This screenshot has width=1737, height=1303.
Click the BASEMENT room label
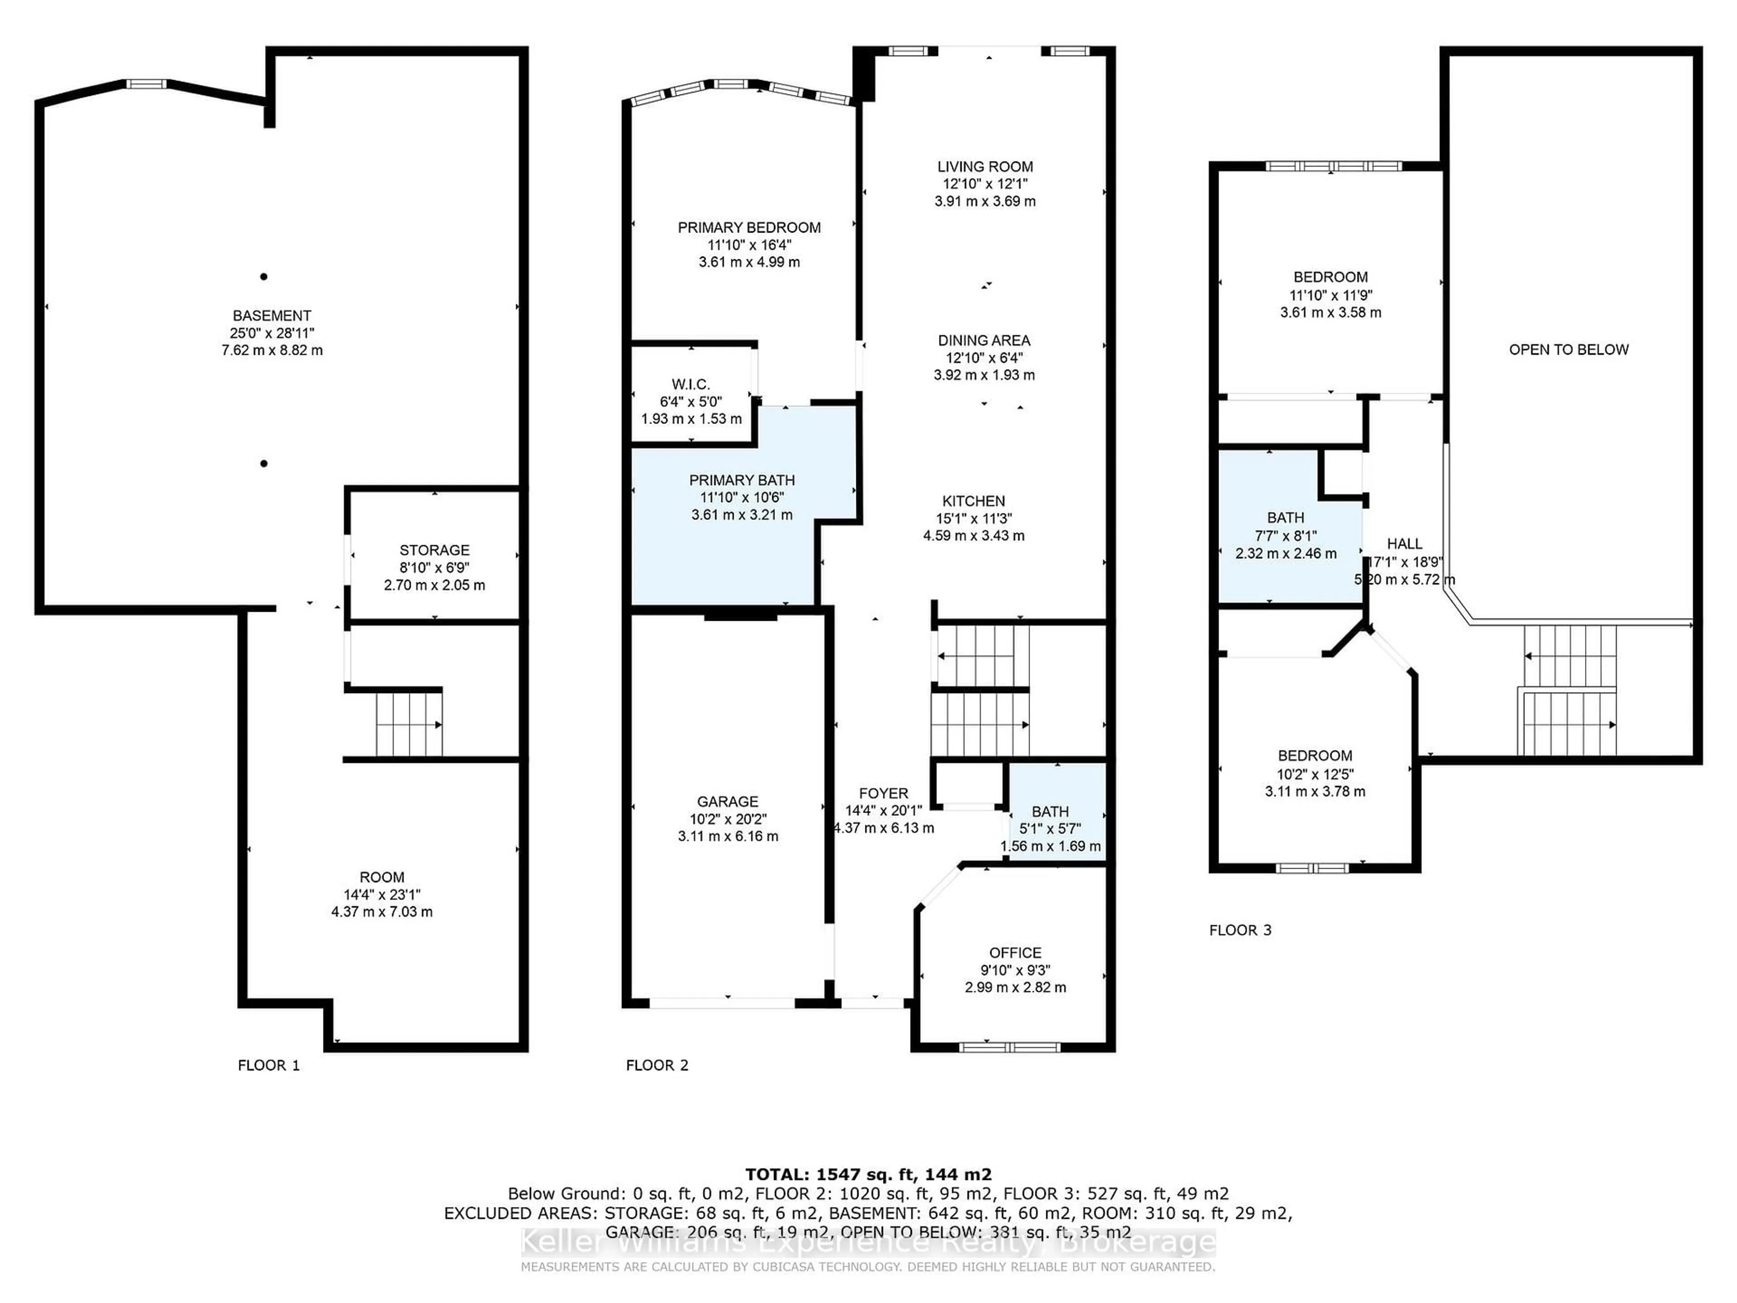pos(272,316)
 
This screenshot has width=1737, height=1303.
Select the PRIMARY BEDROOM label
pos(749,228)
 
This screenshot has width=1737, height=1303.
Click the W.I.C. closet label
pos(691,384)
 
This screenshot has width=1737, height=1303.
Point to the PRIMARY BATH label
pos(742,480)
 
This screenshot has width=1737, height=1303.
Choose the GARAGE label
pos(728,801)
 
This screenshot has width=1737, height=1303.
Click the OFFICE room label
pos(1016,953)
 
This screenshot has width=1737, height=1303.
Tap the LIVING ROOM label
pos(985,166)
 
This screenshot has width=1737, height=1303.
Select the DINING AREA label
pos(984,340)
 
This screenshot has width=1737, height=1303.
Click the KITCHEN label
pos(974,501)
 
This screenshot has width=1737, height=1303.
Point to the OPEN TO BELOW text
pos(1568,350)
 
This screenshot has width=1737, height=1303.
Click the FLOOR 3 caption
pos(1240,930)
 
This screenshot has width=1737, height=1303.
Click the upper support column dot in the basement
pos(264,276)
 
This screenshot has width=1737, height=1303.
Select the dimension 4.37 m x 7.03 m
pos(382,912)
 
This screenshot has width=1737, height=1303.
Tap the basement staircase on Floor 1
pos(408,723)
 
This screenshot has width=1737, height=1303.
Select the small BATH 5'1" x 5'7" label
pos(1050,811)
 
